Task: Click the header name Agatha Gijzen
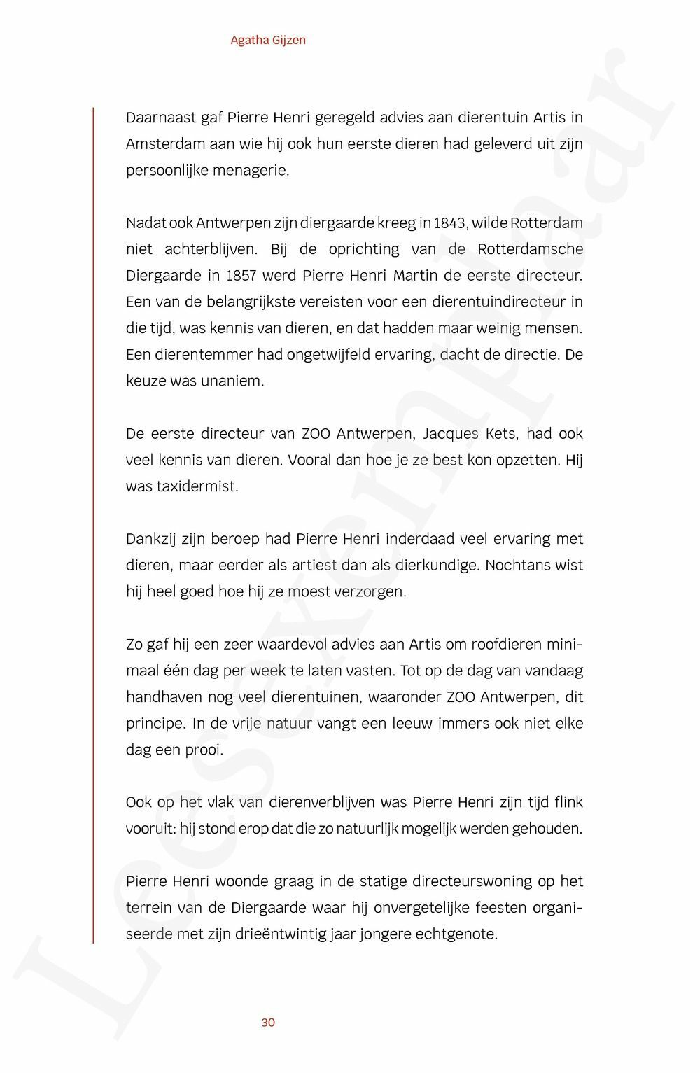[268, 41]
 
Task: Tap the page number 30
[268, 1023]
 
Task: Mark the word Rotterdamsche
[531, 250]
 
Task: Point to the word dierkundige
[433, 566]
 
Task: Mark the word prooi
[204, 750]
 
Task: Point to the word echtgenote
[455, 934]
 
